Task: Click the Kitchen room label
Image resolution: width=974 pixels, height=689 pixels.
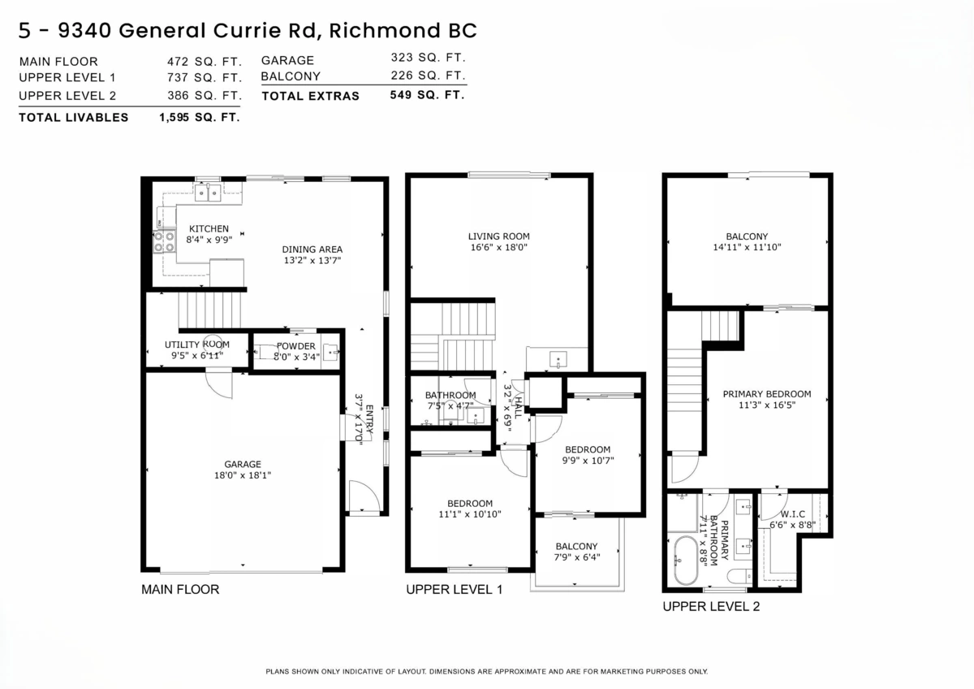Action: pos(209,229)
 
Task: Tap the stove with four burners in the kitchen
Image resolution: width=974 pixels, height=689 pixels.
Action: pos(165,241)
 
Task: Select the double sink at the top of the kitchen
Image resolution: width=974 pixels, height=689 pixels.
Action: pos(208,192)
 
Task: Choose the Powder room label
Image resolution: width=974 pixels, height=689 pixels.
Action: pos(295,346)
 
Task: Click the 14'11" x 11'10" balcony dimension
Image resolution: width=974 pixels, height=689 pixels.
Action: pos(747,247)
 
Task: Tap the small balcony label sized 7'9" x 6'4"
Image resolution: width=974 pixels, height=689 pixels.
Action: pos(576,546)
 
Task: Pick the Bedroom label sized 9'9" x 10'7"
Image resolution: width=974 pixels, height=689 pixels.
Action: pos(588,449)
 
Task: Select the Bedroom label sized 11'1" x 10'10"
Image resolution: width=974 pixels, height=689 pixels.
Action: pos(469,503)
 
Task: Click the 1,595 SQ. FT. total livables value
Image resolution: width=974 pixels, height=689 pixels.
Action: pos(200,117)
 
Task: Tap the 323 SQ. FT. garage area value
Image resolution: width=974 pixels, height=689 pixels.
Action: pos(428,58)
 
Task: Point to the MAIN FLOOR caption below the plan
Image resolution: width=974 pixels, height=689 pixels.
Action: pos(180,589)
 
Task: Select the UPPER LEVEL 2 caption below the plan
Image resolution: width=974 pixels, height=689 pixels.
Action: pos(711,606)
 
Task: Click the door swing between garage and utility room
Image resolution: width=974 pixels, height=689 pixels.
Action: pos(219,382)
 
